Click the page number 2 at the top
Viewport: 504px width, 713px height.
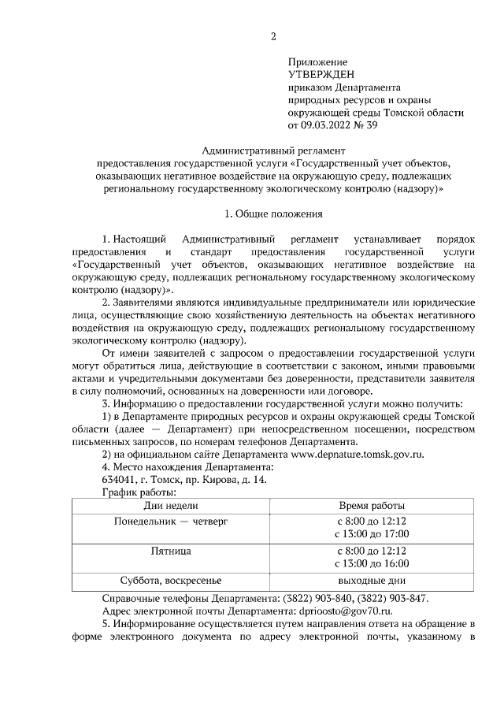point(273,36)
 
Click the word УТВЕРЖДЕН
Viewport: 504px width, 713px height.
point(322,74)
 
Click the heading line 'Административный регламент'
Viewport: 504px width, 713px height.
point(274,150)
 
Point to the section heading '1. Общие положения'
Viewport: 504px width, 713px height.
point(273,213)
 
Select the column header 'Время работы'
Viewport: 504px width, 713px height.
point(371,505)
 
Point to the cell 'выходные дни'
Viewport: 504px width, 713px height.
point(372,581)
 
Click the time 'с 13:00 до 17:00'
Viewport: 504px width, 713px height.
point(372,534)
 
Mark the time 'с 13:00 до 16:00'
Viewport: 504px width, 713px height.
point(372,563)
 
